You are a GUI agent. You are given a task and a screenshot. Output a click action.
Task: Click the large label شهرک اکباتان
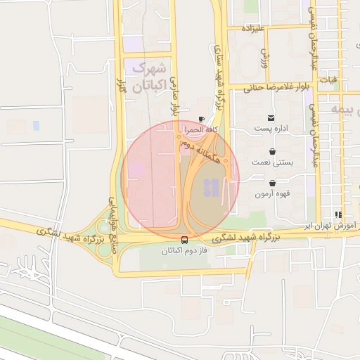pos(148,77)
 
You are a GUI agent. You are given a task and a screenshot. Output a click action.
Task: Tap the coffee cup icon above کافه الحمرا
pos(202,119)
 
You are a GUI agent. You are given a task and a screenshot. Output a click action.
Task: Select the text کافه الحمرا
pos(202,130)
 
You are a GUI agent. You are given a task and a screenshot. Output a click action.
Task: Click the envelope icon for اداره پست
pos(271,117)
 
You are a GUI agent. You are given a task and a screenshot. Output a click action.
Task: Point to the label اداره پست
pos(271,129)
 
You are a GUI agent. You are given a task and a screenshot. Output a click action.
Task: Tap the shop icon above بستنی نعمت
pos(272,151)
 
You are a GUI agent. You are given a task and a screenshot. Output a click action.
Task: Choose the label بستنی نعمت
pos(272,162)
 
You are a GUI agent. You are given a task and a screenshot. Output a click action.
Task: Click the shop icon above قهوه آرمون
pos(272,183)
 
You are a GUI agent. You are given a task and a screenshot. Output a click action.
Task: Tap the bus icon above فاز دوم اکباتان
pos(185,239)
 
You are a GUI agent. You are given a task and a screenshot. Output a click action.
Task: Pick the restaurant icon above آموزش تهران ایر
pos(338,214)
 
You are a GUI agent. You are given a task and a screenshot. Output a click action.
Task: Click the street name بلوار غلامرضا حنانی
pos(277,88)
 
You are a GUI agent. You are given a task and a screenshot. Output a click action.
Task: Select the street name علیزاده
pos(253,28)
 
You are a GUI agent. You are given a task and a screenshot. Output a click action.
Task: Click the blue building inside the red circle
pos(210,188)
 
